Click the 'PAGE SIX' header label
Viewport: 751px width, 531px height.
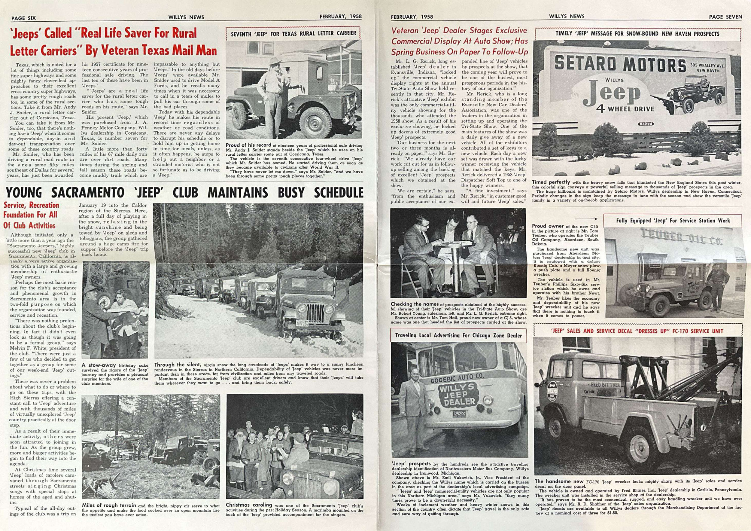23,18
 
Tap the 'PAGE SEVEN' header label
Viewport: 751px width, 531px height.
725,17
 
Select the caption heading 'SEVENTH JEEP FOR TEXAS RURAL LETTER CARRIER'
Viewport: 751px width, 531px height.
293,33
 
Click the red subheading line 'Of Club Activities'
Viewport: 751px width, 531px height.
30,225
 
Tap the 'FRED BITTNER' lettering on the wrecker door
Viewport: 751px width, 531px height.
605,385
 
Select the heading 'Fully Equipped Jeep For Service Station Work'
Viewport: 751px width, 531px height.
673,221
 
